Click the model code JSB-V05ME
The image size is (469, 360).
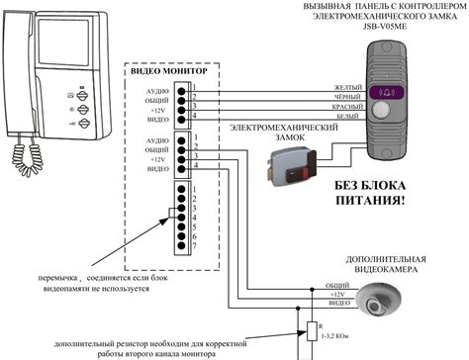click(x=382, y=29)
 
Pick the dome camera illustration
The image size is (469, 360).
click(x=382, y=302)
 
